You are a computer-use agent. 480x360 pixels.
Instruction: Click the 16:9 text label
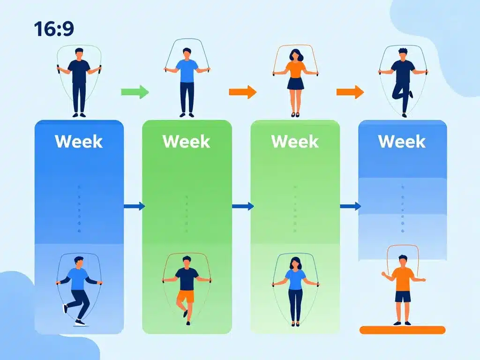54,29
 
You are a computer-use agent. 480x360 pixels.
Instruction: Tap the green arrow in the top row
135,92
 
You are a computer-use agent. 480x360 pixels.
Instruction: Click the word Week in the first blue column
79,141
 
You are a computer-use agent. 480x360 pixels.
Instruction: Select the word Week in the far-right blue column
402,141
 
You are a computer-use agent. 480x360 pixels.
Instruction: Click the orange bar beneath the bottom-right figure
402,330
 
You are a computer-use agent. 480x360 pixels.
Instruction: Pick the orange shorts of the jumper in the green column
186,296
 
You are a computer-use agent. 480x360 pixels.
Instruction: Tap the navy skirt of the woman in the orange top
295,83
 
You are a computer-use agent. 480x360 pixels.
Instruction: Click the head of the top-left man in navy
79,53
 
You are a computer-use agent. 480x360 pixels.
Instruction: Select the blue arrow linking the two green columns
243,206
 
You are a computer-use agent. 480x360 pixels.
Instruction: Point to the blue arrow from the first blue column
135,206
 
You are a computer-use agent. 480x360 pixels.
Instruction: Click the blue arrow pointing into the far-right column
351,206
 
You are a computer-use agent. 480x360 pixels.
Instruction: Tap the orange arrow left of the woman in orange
243,92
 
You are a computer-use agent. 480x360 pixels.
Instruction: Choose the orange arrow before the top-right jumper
350,92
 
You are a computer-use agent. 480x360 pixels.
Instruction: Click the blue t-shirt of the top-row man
187,71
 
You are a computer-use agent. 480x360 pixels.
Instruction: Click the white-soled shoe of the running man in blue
80,322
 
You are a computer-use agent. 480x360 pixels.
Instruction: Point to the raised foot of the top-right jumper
411,94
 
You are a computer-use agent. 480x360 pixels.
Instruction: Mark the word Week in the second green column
295,141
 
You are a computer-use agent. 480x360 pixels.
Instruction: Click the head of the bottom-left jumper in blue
79,262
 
